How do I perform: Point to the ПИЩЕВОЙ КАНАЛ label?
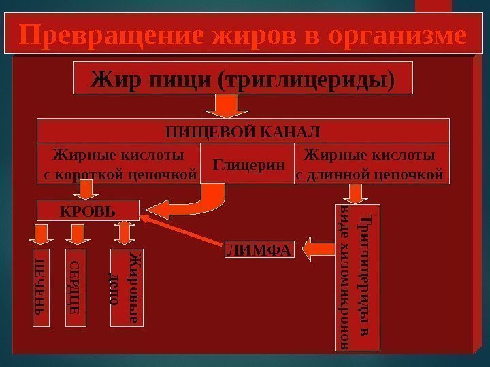pyautogui.click(x=243, y=130)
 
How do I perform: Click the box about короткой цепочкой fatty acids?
pyautogui.click(x=118, y=164)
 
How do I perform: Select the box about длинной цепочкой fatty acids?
pyautogui.click(x=372, y=164)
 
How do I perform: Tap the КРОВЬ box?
pyautogui.click(x=88, y=211)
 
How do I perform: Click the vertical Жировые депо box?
pyautogui.click(x=127, y=288)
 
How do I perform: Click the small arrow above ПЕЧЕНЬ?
pyautogui.click(x=39, y=235)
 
